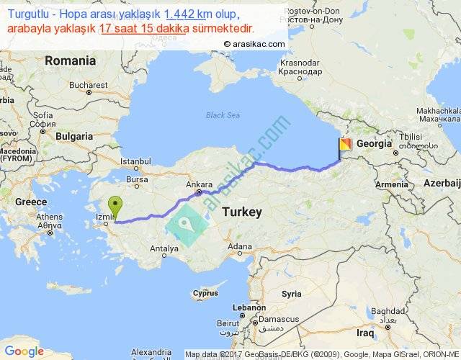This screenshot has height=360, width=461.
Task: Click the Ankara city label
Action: pyautogui.click(x=199, y=184)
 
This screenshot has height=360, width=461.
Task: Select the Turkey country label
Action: pyautogui.click(x=242, y=212)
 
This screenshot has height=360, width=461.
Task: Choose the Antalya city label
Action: pyautogui.click(x=164, y=249)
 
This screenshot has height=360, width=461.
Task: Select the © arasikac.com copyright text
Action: pyautogui.click(x=254, y=43)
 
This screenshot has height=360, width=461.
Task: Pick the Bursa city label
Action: pyautogui.click(x=136, y=179)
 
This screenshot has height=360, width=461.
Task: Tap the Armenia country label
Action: pyautogui.click(x=390, y=185)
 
